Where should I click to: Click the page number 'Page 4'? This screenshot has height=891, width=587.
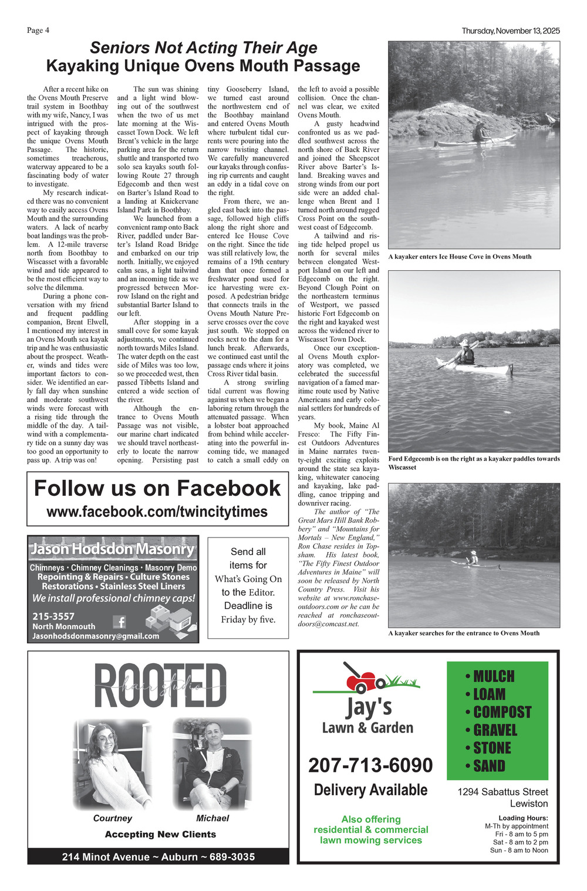[38, 31]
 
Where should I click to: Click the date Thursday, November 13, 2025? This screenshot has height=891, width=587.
[510, 31]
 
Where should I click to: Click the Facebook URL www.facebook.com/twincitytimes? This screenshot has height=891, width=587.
[157, 512]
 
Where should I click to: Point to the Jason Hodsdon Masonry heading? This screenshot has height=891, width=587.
[112, 549]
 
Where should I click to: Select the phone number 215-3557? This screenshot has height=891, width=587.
[53, 616]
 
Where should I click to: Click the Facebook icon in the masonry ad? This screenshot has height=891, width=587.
[119, 621]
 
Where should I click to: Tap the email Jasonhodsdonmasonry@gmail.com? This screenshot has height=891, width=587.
[96, 636]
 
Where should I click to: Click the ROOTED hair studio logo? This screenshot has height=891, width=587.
[160, 686]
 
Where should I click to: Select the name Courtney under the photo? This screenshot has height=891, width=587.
[112, 818]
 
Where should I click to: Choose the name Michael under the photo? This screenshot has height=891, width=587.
[212, 818]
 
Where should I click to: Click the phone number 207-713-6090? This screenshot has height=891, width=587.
[370, 765]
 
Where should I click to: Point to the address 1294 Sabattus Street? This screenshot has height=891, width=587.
[502, 792]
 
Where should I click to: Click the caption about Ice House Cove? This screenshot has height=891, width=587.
[460, 257]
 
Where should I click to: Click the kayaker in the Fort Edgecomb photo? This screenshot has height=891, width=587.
[465, 354]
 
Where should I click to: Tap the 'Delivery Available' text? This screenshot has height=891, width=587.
[370, 790]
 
